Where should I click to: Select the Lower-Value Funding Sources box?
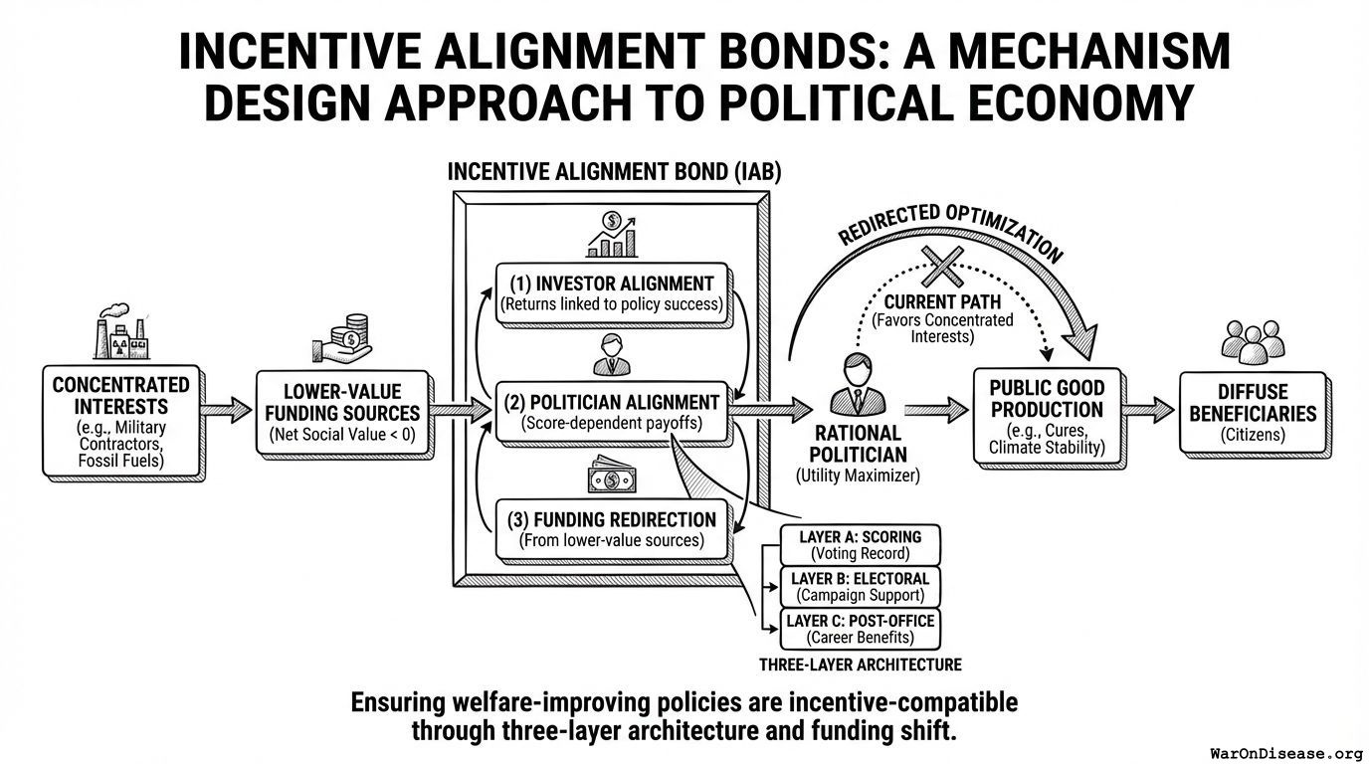343,413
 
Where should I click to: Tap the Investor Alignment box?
612,291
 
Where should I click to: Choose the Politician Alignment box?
612,412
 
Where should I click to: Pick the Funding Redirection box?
612,529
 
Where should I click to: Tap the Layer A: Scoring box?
860,545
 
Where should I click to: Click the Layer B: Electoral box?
860,587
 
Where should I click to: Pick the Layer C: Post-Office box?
860,629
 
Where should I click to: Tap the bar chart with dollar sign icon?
612,235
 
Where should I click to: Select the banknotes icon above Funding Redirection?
612,477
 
